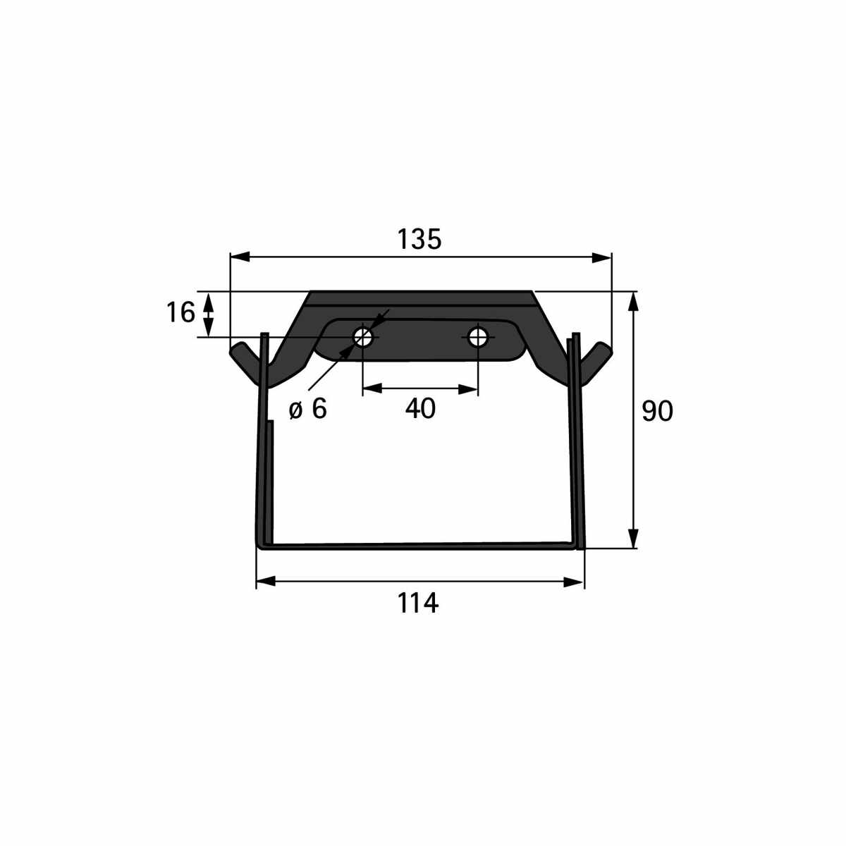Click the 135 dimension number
419,239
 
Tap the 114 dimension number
417,603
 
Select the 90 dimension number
657,412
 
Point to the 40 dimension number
420,408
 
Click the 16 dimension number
180,312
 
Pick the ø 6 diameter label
308,409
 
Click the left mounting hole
363,337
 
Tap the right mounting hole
478,337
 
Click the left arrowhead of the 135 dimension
240,257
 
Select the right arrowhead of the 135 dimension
601,258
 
